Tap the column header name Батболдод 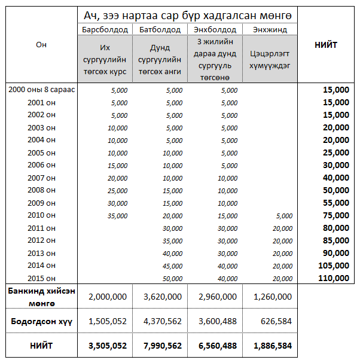[x=160, y=29]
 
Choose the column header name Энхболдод [x=215, y=29]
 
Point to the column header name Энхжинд [x=270, y=29]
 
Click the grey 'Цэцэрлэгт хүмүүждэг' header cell [x=270, y=59]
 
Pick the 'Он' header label [x=41, y=45]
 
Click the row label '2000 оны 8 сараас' [x=41, y=90]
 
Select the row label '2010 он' [x=41, y=215]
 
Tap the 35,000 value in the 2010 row [x=117, y=216]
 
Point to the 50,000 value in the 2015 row [x=173, y=279]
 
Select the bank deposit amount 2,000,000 [x=107, y=297]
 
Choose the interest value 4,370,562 [x=162, y=321]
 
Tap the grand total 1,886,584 [x=272, y=346]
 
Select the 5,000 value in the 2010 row [x=284, y=216]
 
